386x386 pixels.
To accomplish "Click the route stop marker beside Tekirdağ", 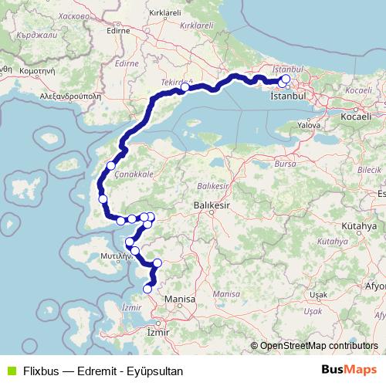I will [x=185, y=88].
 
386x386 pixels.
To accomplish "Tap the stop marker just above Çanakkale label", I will [x=111, y=165].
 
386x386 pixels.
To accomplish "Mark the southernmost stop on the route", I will [x=147, y=289].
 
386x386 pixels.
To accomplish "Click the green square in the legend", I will [x=10, y=370].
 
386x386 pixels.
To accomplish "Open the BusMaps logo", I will [x=349, y=369].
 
